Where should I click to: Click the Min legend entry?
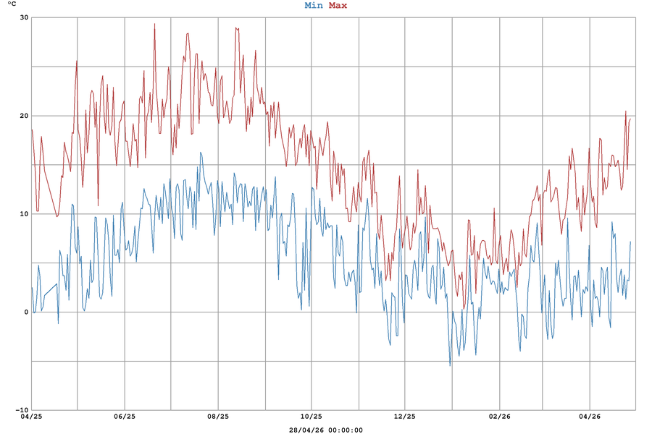tap(314, 6)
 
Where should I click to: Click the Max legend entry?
tap(338, 6)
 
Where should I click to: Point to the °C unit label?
tap(12, 5)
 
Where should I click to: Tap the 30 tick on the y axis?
tap(24, 17)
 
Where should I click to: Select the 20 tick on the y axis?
tap(24, 116)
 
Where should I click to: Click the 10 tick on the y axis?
tap(24, 214)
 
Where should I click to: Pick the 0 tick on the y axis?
tap(26, 312)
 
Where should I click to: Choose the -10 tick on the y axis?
tap(22, 410)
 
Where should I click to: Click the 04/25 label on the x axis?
tap(31, 417)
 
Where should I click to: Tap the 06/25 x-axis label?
tap(125, 417)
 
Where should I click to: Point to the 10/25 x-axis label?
tap(311, 417)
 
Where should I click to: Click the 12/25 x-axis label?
tap(404, 417)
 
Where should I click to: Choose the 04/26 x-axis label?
tap(590, 417)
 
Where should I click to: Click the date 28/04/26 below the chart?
tap(306, 430)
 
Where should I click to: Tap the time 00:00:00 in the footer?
tap(346, 430)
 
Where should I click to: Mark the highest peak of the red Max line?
tap(154, 24)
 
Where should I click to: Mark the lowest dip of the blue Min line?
tap(450, 365)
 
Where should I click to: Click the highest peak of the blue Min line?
tap(201, 153)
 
